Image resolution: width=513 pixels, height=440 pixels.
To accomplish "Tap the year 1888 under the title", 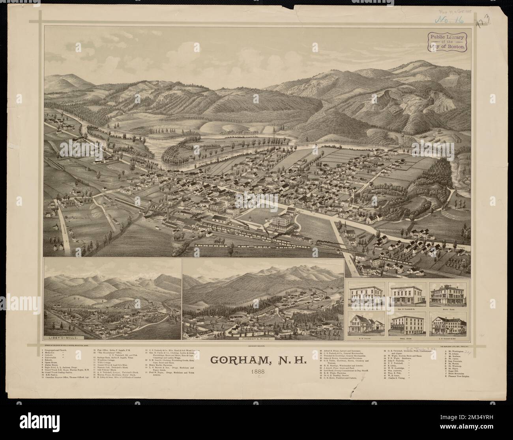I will (x=256, y=371).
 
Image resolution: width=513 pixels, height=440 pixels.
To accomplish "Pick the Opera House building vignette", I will (x=407, y=324).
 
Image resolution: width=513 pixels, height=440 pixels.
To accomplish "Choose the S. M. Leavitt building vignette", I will (x=367, y=324).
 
